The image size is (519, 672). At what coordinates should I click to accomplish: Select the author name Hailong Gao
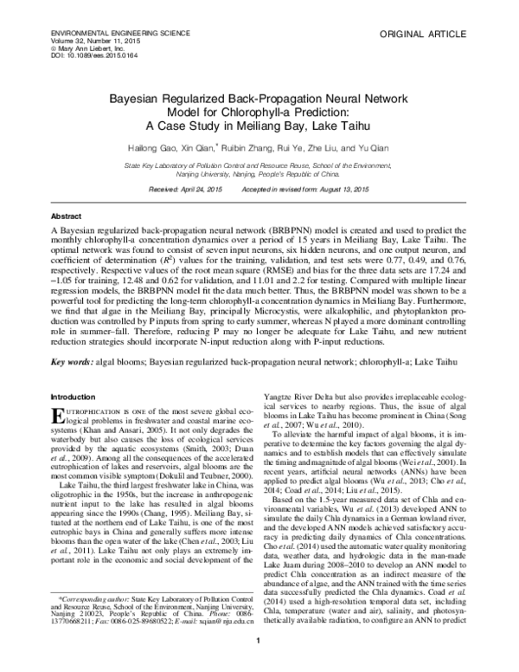pos(158,147)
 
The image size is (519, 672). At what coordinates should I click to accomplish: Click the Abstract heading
pos(67,215)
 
